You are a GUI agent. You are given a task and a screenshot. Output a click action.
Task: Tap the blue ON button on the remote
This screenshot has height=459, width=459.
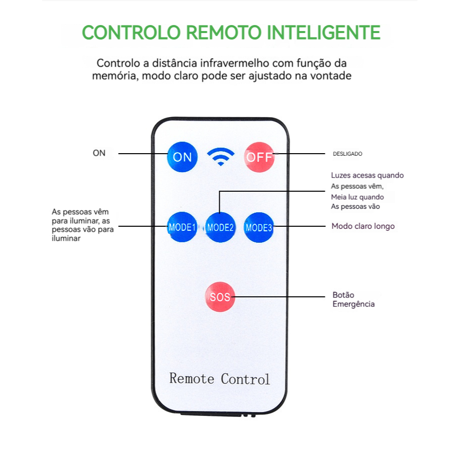pyautogui.click(x=182, y=157)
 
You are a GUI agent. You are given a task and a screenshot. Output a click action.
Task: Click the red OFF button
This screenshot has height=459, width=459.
pyautogui.click(x=259, y=157)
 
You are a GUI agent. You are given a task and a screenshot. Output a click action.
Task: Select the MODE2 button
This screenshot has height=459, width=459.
pyautogui.click(x=220, y=227)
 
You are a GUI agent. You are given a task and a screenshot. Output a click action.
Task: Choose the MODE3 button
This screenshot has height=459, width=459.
pyautogui.click(x=258, y=227)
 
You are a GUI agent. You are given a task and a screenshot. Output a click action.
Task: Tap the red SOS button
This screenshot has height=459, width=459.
pyautogui.click(x=220, y=297)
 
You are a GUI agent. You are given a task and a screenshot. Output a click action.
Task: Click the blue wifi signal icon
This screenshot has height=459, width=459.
pyautogui.click(x=221, y=157)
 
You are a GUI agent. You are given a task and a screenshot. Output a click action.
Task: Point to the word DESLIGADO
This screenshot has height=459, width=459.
pyautogui.click(x=347, y=154)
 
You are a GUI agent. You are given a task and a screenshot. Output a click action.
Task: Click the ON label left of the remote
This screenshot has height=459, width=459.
pyautogui.click(x=99, y=153)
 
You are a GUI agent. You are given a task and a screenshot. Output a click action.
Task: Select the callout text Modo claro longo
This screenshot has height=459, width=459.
pyautogui.click(x=363, y=226)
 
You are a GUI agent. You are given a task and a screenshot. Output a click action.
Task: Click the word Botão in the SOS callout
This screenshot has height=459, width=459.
pyautogui.click(x=343, y=295)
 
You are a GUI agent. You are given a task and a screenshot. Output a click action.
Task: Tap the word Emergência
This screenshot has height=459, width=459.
pyautogui.click(x=353, y=304)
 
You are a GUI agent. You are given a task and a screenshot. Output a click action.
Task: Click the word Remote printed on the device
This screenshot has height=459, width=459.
pyautogui.click(x=192, y=378)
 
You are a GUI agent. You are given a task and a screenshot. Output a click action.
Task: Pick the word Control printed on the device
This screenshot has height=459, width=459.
pyautogui.click(x=245, y=379)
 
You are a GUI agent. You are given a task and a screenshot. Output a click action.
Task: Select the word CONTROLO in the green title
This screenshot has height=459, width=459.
pyautogui.click(x=131, y=32)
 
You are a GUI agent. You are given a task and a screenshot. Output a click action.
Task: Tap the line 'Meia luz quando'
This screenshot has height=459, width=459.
pyautogui.click(x=357, y=197)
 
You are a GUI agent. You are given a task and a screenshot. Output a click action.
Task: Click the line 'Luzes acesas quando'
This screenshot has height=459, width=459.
pyautogui.click(x=367, y=175)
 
